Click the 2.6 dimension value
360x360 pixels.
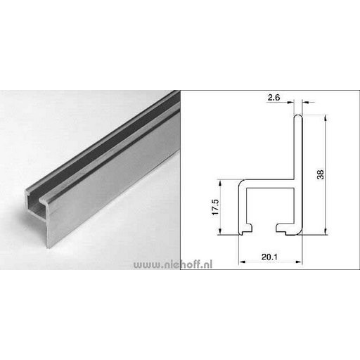pyautogui.click(x=274, y=98)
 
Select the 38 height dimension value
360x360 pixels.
pyautogui.click(x=321, y=174)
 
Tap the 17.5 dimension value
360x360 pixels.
pyautogui.click(x=215, y=207)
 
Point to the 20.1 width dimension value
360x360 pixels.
pyautogui.click(x=269, y=257)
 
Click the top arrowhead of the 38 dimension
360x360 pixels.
pyautogui.click(x=325, y=118)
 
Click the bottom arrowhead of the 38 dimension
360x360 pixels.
pyautogui.click(x=325, y=231)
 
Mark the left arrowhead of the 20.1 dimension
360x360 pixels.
pyautogui.click(x=242, y=262)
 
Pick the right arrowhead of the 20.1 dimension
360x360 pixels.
pyautogui.click(x=299, y=262)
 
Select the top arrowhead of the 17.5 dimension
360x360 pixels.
pyautogui.click(x=220, y=183)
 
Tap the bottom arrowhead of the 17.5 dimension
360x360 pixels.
pyautogui.click(x=220, y=231)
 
